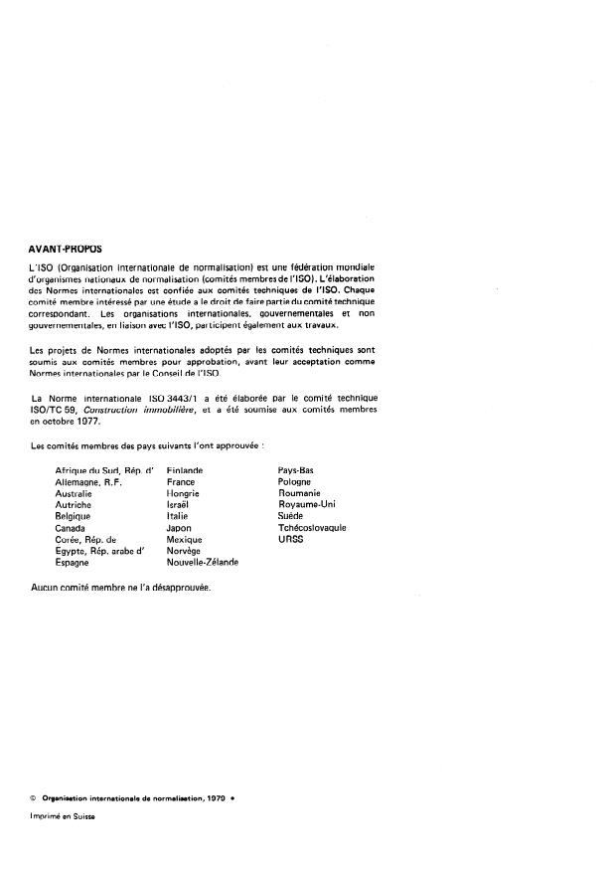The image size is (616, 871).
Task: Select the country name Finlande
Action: tap(185, 468)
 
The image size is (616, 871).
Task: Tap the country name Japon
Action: tap(180, 528)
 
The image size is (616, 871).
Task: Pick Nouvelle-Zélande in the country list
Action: tap(203, 562)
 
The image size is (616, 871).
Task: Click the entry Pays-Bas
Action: tap(297, 468)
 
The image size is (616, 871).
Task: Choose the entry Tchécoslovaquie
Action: tap(312, 528)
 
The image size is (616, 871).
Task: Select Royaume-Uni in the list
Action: tap(307, 504)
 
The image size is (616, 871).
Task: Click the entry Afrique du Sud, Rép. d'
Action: tap(105, 468)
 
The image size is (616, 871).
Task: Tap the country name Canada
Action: tap(72, 528)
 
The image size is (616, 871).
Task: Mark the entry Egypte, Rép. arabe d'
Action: tap(100, 550)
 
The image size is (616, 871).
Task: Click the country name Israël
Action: tap(179, 504)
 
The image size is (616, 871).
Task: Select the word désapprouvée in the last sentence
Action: tap(173, 587)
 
